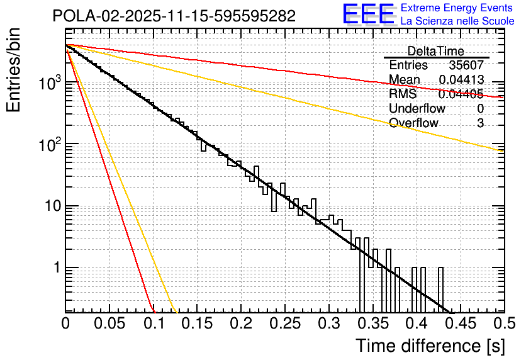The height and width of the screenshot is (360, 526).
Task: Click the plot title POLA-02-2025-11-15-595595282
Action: (174, 16)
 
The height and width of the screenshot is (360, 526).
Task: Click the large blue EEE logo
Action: (367, 14)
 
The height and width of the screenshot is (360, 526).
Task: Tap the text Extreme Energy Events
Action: (457, 8)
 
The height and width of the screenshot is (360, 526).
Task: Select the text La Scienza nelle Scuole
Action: (457, 21)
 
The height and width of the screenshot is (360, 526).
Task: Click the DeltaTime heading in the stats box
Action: (435, 51)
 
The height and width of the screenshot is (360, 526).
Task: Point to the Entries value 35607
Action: (466, 65)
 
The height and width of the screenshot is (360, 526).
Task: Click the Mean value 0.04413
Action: (461, 80)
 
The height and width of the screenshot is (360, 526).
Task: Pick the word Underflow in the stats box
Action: (417, 109)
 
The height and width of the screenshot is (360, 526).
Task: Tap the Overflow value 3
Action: (480, 123)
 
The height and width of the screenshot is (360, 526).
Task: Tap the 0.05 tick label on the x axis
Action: (109, 324)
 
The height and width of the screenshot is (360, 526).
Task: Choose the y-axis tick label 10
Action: (50, 206)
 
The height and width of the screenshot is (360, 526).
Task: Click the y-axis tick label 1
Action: (55, 267)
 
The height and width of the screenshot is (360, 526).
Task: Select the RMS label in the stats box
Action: (403, 94)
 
